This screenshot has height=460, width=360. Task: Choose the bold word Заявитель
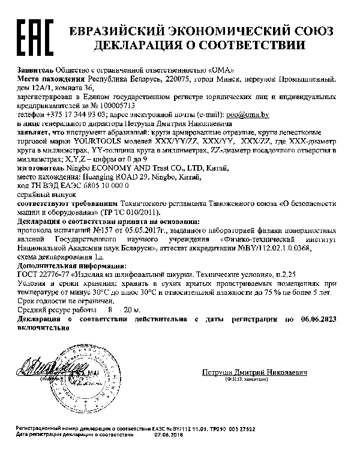pyautogui.click(x=35, y=69)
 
